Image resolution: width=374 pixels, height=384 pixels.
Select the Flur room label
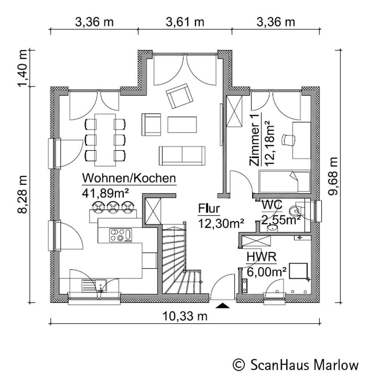[x=209, y=208]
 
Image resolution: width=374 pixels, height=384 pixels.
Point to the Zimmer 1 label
[x=255, y=140]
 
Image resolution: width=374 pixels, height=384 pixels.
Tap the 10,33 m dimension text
[x=185, y=316]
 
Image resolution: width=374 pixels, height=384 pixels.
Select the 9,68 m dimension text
[x=333, y=175]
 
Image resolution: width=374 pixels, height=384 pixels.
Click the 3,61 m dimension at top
[x=185, y=22]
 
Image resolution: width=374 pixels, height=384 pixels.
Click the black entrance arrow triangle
[x=223, y=306]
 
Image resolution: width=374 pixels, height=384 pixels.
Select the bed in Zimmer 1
[x=285, y=181]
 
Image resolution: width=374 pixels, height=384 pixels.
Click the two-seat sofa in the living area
[x=182, y=155]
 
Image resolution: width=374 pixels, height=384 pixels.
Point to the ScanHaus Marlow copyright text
[x=296, y=364]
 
